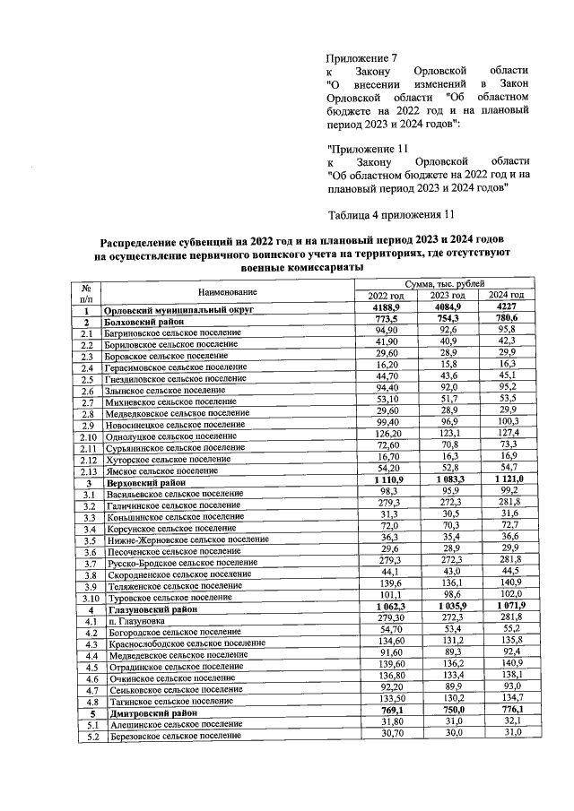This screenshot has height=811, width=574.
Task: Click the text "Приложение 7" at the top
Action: [x=363, y=56]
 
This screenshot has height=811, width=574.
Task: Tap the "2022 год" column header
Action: [x=386, y=296]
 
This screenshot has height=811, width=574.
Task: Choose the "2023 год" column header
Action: [x=447, y=296]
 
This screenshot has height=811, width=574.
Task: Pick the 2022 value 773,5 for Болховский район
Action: [x=386, y=320]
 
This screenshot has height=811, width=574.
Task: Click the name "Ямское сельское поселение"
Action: [x=161, y=470]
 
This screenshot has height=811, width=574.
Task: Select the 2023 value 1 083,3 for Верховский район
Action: [x=447, y=480]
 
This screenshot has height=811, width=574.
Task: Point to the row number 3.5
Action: [x=89, y=540]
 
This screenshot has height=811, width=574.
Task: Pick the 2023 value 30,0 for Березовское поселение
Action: [x=447, y=733]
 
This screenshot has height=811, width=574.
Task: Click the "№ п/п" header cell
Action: [x=88, y=291]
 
